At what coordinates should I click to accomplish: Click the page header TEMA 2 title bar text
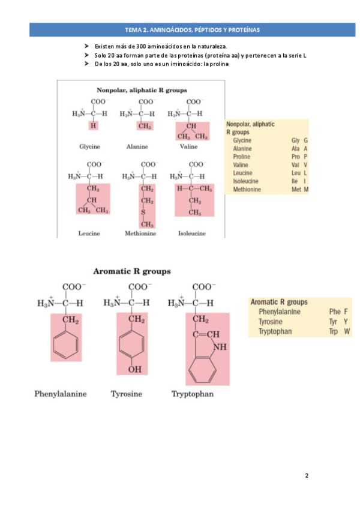(x=192, y=29)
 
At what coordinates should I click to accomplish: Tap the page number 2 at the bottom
(x=307, y=475)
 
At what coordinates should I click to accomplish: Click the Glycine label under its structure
(x=89, y=146)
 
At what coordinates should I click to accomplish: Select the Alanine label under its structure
(x=137, y=146)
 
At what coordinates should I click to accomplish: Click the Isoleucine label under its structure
(x=192, y=233)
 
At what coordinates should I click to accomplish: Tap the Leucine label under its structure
(x=89, y=233)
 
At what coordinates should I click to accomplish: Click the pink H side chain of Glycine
(x=93, y=126)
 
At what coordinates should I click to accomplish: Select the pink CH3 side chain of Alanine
(x=144, y=126)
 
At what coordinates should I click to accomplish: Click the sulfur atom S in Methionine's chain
(x=143, y=212)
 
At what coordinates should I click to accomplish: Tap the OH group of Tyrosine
(x=135, y=369)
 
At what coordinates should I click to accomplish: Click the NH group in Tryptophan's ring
(x=220, y=346)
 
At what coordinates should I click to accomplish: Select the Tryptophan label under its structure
(x=193, y=394)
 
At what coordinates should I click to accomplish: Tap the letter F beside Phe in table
(x=346, y=312)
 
